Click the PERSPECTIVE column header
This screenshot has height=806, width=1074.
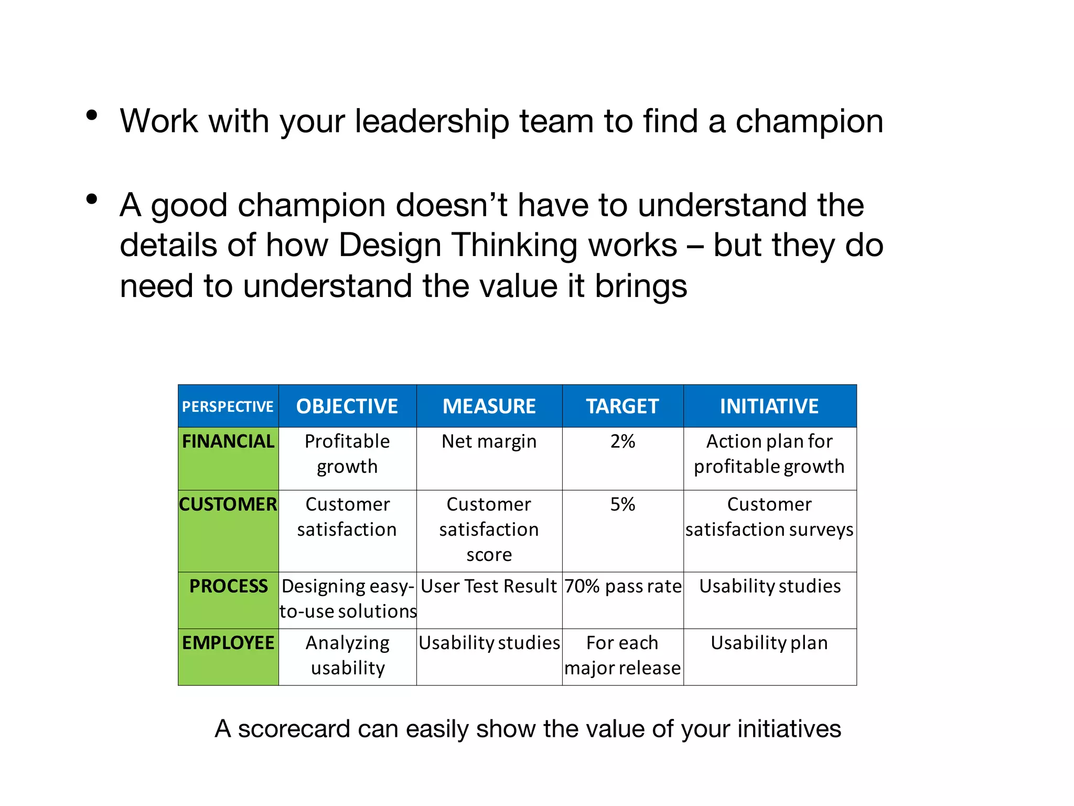click(228, 407)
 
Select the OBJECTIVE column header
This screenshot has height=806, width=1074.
click(347, 407)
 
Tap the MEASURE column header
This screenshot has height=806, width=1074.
click(489, 407)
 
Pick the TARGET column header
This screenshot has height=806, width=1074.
click(622, 407)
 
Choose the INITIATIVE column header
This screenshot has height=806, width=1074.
click(769, 407)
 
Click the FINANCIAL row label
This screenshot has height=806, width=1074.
click(228, 442)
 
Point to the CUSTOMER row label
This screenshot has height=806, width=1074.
click(228, 505)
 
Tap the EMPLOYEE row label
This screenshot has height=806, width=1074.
click(228, 643)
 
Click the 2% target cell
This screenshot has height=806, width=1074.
click(622, 442)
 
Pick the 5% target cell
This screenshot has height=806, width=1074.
click(622, 505)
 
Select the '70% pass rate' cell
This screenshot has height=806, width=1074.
click(623, 587)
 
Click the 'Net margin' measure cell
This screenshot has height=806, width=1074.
click(489, 442)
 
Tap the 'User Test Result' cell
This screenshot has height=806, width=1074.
click(489, 587)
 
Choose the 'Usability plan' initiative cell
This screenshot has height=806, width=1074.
click(769, 643)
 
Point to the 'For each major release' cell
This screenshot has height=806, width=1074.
click(622, 656)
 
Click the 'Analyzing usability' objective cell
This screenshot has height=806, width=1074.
click(348, 656)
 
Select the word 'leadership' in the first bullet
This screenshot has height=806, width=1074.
click(432, 122)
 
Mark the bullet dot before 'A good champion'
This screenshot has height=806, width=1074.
click(92, 199)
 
